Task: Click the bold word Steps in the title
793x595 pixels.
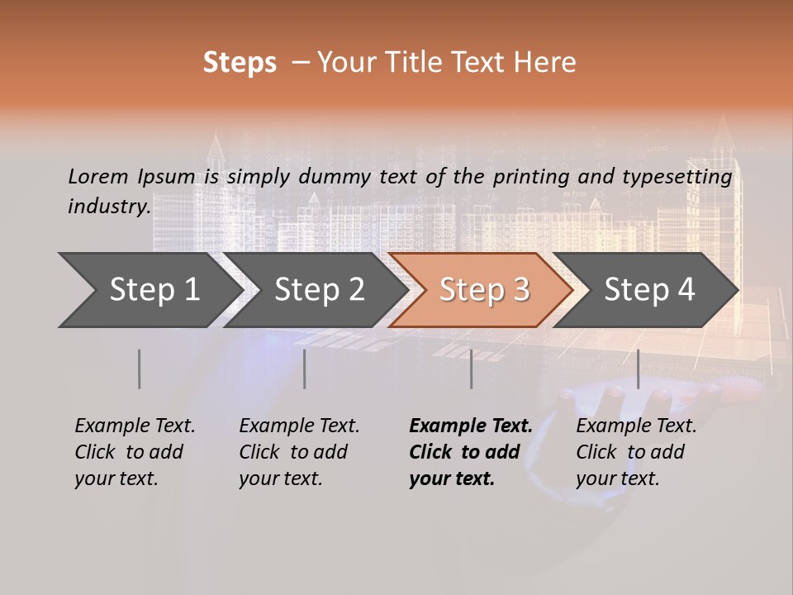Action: [x=240, y=63]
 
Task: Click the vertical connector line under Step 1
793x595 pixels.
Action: [x=140, y=369]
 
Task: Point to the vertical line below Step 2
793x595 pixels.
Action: [x=305, y=369]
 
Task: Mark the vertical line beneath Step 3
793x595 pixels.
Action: [x=472, y=369]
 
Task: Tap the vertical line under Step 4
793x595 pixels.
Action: [x=638, y=369]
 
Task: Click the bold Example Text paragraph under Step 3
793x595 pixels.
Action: [x=469, y=452]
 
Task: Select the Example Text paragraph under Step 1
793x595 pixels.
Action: [x=135, y=452]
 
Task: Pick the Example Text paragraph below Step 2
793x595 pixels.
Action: [x=299, y=452]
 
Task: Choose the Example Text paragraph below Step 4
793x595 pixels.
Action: [x=635, y=452]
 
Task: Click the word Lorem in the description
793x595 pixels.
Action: [x=98, y=176]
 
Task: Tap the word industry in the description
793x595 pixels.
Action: [x=108, y=206]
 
